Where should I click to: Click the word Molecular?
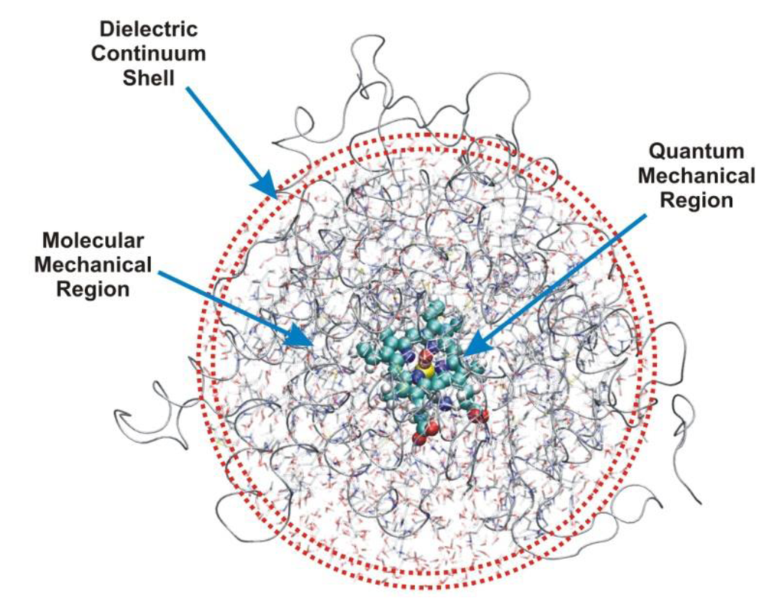point(93,239)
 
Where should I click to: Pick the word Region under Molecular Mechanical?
point(93,290)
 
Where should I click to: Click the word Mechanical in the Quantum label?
point(696,175)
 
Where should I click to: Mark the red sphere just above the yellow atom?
point(426,356)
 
